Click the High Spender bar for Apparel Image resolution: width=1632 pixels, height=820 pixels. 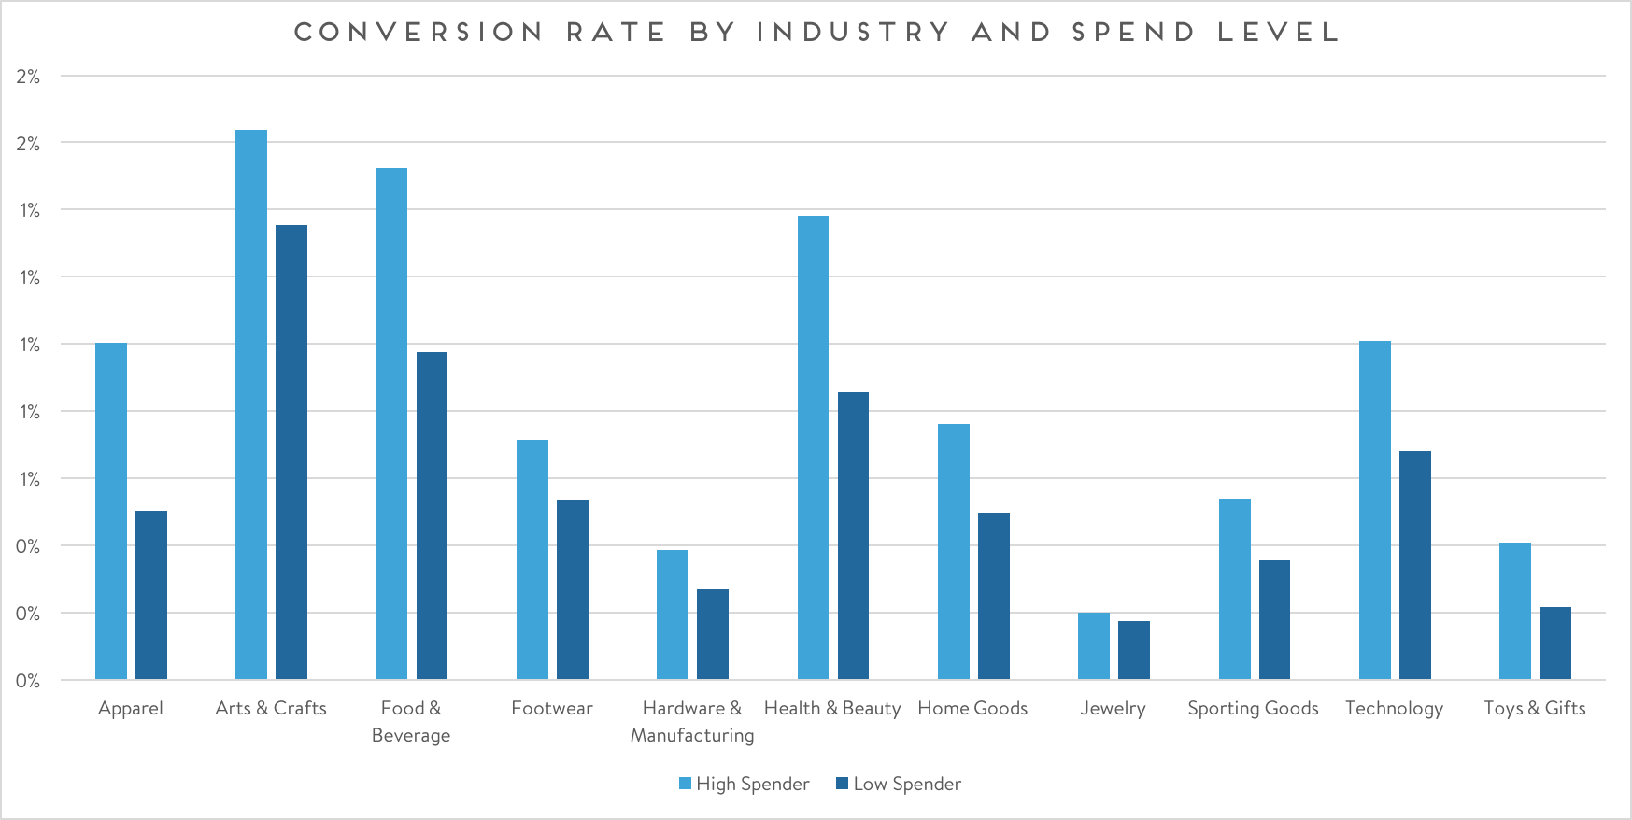click(x=111, y=511)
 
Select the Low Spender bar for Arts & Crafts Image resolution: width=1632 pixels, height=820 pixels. click(x=291, y=452)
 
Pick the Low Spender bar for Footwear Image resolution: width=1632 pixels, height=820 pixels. click(x=573, y=589)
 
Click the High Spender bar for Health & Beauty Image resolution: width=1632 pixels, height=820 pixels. click(x=813, y=447)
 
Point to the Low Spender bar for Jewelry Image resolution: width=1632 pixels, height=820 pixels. click(x=1134, y=650)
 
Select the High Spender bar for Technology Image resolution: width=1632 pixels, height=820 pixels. click(x=1375, y=510)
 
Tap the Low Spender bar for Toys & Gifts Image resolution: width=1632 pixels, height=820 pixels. click(x=1555, y=643)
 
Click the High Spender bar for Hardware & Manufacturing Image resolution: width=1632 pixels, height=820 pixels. click(x=673, y=615)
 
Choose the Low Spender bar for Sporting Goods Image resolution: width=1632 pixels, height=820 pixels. click(x=1274, y=619)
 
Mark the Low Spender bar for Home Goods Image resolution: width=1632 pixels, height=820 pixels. click(x=994, y=596)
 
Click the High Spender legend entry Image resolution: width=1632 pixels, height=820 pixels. click(x=745, y=784)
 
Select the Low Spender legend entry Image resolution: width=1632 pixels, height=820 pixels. click(x=899, y=784)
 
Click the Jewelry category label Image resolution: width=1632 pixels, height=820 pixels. click(x=1113, y=708)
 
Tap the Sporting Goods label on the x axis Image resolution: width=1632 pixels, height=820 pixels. click(x=1253, y=708)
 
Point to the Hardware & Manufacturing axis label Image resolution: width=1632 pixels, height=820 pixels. click(x=692, y=721)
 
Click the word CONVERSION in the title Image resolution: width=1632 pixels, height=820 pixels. click(x=419, y=33)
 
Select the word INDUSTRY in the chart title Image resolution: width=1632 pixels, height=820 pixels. click(x=853, y=33)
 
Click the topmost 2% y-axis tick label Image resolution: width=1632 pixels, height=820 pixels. click(x=28, y=77)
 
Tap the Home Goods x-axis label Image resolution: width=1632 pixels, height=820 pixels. click(x=972, y=708)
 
